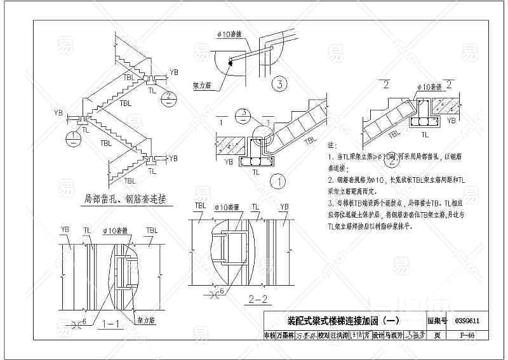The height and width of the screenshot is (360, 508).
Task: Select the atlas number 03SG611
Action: [467, 322]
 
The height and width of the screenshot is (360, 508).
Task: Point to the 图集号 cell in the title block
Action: [438, 322]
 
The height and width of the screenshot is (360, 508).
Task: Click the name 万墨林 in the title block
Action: [284, 335]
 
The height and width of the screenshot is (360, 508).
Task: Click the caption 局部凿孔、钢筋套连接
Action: [125, 199]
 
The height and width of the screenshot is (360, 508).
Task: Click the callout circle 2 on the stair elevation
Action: [168, 97]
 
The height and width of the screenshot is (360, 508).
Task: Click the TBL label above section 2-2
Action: [200, 206]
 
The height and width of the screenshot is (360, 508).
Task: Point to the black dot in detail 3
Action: [231, 61]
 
